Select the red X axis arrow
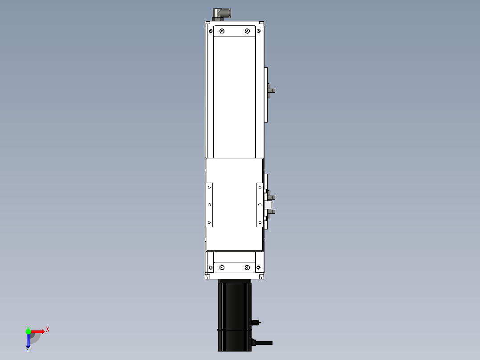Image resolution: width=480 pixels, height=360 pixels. pyautogui.click(x=37, y=331)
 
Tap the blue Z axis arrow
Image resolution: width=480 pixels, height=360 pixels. pyautogui.click(x=28, y=340)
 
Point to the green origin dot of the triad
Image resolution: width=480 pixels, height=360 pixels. pyautogui.click(x=28, y=331)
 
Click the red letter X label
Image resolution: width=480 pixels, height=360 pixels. pyautogui.click(x=48, y=329)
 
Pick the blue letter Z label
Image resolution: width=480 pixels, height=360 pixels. pyautogui.click(x=28, y=350)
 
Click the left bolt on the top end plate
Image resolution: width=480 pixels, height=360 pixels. pyautogui.click(x=222, y=31)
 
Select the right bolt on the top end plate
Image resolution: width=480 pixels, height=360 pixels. pyautogui.click(x=247, y=31)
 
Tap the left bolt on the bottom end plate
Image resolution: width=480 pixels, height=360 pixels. pyautogui.click(x=222, y=267)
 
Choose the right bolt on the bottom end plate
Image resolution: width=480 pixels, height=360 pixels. pyautogui.click(x=247, y=267)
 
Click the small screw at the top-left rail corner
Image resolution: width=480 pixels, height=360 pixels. pyautogui.click(x=210, y=31)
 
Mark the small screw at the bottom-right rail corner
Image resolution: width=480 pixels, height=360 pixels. pyautogui.click(x=259, y=268)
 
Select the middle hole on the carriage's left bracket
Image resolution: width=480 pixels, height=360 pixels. pyautogui.click(x=209, y=205)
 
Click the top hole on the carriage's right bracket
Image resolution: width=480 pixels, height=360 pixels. pyautogui.click(x=260, y=188)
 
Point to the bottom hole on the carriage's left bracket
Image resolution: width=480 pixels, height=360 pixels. pyautogui.click(x=209, y=222)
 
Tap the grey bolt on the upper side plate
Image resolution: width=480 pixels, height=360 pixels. pyautogui.click(x=271, y=90)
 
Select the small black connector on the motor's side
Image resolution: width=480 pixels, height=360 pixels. pyautogui.click(x=255, y=322)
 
